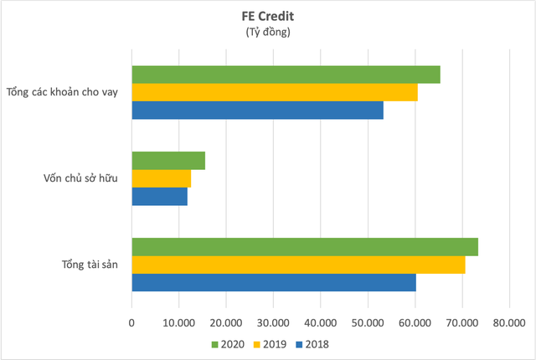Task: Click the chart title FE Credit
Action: coord(267,17)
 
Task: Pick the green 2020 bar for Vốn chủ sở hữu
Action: coord(168,161)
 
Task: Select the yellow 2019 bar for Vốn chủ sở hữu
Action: coord(162,178)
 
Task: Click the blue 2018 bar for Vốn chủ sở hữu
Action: coord(160,196)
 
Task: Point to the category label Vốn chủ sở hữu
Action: coord(80,178)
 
